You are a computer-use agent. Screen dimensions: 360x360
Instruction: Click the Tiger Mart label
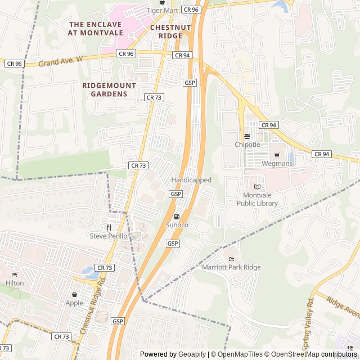(162, 10)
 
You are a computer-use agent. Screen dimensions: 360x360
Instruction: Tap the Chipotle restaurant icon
(247, 136)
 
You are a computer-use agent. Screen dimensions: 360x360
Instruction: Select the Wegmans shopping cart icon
(277, 155)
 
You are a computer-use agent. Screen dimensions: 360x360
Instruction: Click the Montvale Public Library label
(257, 199)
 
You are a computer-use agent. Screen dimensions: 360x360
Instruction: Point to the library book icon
(257, 187)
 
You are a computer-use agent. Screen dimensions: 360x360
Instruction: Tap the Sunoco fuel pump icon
(177, 217)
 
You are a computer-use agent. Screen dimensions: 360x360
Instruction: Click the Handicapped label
(191, 180)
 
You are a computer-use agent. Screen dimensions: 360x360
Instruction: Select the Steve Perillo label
(109, 236)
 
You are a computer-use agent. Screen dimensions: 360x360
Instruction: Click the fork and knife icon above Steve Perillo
(109, 227)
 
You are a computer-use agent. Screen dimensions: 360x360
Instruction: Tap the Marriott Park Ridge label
(231, 267)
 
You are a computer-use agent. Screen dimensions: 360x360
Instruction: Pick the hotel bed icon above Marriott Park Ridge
(231, 259)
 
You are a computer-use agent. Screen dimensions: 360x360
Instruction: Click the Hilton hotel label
(15, 283)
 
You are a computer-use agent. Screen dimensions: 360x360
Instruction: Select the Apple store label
(74, 303)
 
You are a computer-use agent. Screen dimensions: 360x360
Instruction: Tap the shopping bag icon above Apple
(74, 294)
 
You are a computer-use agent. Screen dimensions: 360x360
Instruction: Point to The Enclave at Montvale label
(95, 28)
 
